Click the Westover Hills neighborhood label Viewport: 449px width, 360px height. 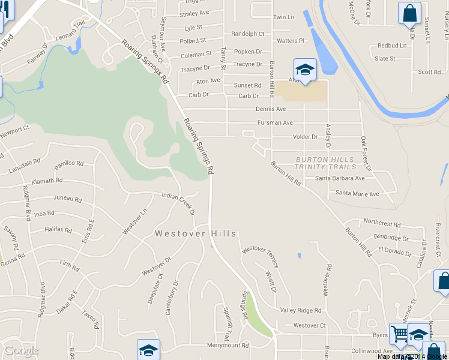click(x=196, y=234)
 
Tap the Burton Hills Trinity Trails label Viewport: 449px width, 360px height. click(x=325, y=163)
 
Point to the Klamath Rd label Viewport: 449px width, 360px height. click(x=47, y=181)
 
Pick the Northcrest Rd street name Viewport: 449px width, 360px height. click(x=382, y=223)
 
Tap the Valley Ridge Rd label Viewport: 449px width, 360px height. click(x=301, y=310)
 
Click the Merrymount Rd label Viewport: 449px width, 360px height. click(x=228, y=346)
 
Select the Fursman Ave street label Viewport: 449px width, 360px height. click(x=275, y=123)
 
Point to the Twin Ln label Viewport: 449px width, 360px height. click(x=283, y=17)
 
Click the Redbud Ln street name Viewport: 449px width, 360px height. click(x=392, y=46)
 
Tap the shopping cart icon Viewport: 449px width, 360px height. click(x=399, y=333)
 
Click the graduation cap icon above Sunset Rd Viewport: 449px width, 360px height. click(x=305, y=70)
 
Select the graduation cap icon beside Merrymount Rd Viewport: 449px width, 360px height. click(x=149, y=350)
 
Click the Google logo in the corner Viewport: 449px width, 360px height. click(x=21, y=350)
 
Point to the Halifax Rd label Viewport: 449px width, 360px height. click(x=58, y=230)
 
